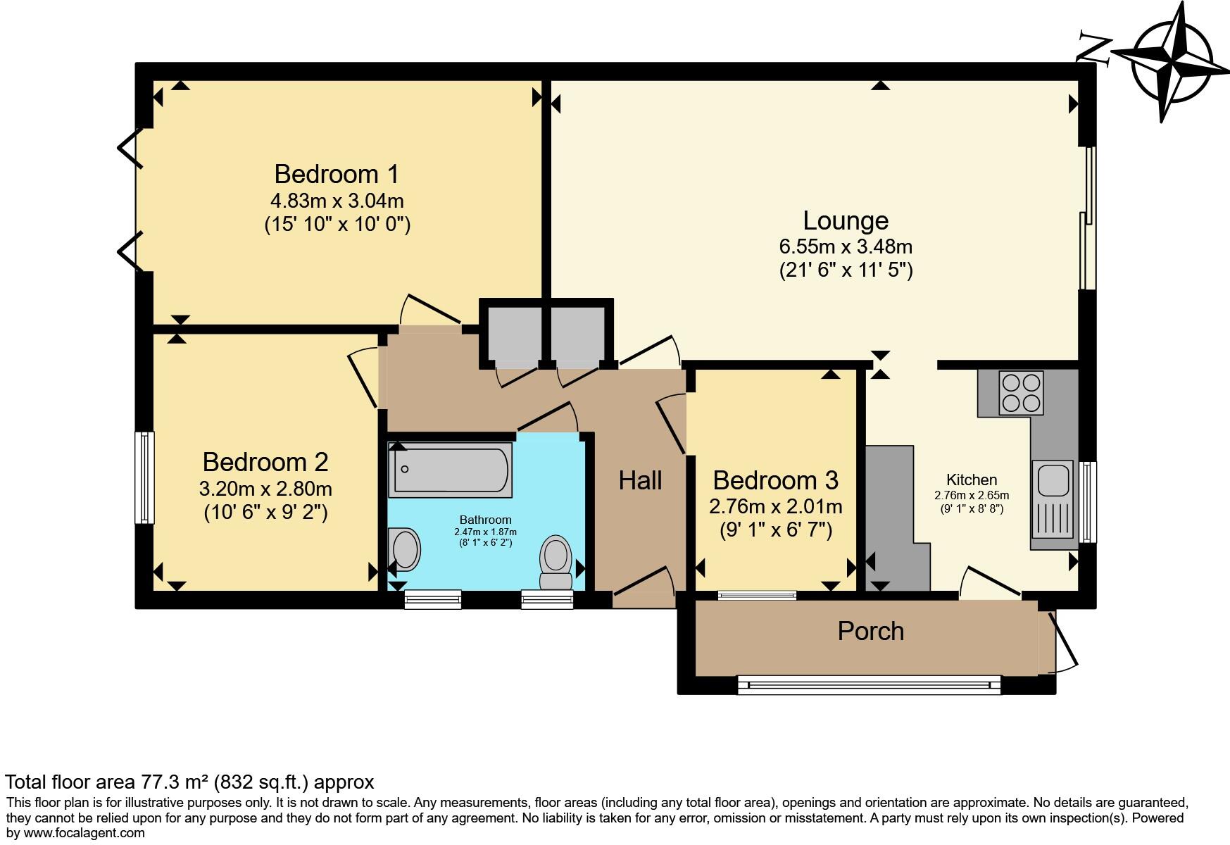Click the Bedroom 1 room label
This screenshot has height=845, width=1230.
(x=337, y=174)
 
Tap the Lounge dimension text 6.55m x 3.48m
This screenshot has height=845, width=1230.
(x=845, y=247)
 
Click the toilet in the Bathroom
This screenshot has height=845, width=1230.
(x=556, y=562)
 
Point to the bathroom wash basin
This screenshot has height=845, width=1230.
(x=405, y=549)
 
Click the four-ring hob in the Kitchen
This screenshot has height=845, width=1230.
(x=1021, y=393)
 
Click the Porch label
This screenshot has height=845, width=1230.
(x=870, y=632)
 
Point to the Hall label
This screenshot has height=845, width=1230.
(x=640, y=481)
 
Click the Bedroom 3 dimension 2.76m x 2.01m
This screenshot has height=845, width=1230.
(x=775, y=506)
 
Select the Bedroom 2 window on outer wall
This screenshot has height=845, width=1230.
(x=144, y=477)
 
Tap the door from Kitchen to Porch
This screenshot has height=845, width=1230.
(x=991, y=583)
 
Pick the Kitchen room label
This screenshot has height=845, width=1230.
(x=971, y=480)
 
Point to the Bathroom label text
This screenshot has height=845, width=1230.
(x=485, y=520)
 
